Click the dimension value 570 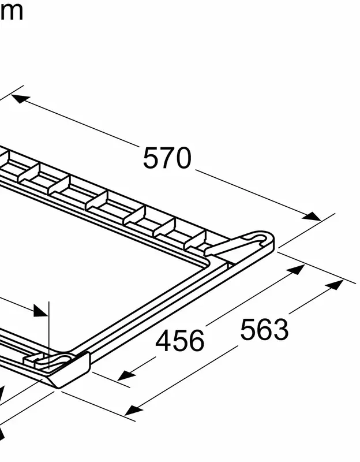167,158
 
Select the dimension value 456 180,341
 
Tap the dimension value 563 264,329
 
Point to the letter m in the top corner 11,11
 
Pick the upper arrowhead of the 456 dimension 297,270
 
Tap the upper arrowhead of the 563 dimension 335,285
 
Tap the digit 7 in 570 167,158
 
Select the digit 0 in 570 183,159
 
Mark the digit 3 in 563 280,330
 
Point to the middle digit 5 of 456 180,341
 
